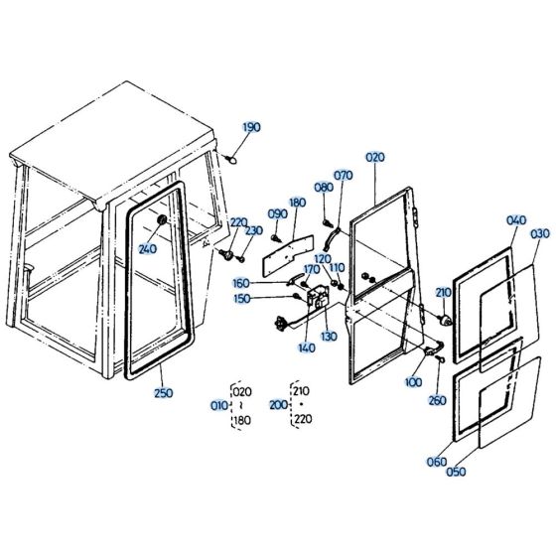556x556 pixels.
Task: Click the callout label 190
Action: tap(251, 127)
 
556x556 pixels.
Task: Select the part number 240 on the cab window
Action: tap(148, 248)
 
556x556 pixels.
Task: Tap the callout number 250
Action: tap(163, 394)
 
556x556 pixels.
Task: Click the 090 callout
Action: tap(278, 212)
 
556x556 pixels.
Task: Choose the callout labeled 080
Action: tap(324, 187)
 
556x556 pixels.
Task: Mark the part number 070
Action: tap(344, 176)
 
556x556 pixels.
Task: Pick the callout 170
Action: tap(311, 269)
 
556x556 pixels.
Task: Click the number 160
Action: tap(270, 283)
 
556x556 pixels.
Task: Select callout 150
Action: tap(270, 298)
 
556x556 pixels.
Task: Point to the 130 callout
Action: tap(329, 336)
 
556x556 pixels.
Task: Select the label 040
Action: tap(517, 220)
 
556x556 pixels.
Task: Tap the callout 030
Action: tap(540, 233)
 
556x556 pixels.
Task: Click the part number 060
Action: tap(437, 461)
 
